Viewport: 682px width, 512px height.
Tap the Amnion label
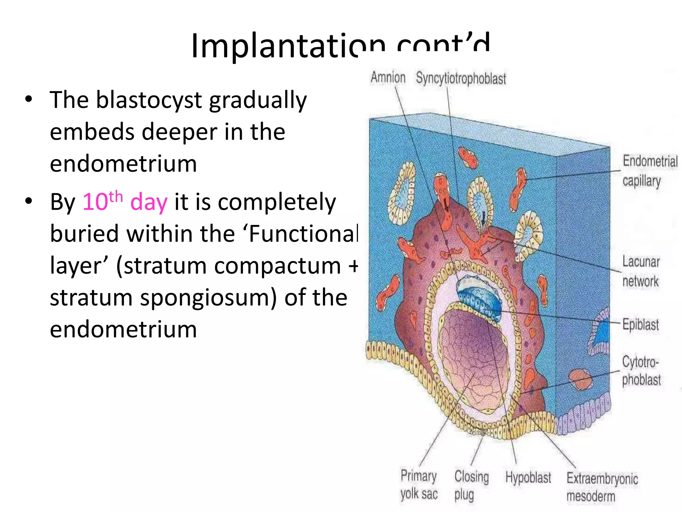coord(388,77)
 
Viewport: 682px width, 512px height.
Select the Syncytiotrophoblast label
coord(461,78)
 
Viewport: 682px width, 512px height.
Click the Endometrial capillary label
coord(649,171)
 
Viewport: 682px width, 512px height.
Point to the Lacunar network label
coord(641,271)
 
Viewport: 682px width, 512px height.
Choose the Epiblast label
coord(640,324)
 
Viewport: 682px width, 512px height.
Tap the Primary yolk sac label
coord(419,484)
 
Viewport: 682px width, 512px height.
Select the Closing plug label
coord(471,485)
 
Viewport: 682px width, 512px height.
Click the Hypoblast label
coord(528,477)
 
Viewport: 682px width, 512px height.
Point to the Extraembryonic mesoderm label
coord(602,487)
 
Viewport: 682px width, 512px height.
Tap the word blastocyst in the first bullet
coord(149,100)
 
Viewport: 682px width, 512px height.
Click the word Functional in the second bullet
coord(303,234)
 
